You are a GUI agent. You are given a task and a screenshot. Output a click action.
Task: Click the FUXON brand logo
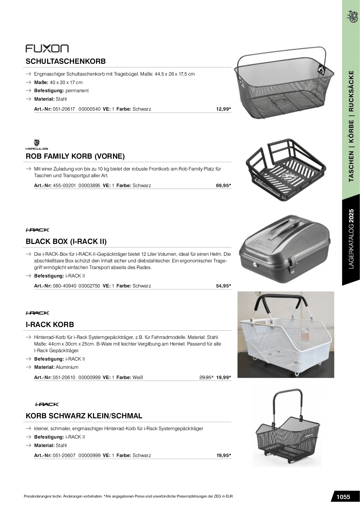(47, 48)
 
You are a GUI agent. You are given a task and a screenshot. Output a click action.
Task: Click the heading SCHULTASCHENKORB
(66, 61)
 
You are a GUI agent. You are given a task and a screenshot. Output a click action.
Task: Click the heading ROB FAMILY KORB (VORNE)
(75, 156)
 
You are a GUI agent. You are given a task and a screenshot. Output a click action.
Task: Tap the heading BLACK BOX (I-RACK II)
(66, 242)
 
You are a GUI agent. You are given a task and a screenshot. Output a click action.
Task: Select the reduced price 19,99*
(224, 377)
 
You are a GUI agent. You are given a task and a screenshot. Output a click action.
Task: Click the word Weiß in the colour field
(138, 377)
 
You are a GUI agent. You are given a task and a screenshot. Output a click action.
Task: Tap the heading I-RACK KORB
(50, 325)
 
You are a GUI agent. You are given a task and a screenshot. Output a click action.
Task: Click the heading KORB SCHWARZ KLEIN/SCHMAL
(84, 416)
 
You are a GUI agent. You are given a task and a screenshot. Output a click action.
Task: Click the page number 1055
(343, 497)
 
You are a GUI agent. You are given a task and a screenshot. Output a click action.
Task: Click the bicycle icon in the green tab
(351, 16)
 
